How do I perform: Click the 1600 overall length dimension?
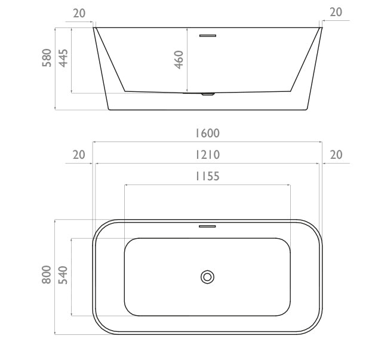207,133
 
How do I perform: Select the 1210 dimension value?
207,155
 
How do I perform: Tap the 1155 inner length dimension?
207,177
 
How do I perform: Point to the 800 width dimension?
46,275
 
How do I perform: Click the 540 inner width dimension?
63,275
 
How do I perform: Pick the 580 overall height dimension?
47,58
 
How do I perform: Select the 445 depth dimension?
63,58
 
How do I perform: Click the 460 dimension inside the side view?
179,60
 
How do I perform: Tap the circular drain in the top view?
207,277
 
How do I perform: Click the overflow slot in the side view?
208,36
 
